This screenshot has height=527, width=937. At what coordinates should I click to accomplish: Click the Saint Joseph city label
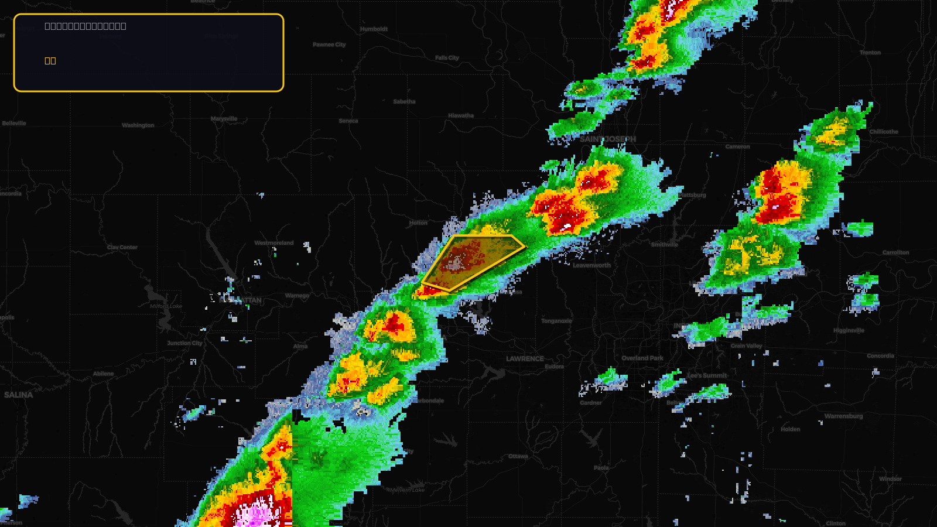pos(607,139)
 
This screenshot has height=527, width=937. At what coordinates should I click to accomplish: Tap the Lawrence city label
pos(525,359)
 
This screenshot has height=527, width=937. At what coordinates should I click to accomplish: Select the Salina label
pos(19,395)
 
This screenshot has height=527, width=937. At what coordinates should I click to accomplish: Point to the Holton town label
pos(418,223)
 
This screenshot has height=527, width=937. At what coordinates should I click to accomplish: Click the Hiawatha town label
pos(461,116)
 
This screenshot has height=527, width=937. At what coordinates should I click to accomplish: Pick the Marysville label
pos(224,119)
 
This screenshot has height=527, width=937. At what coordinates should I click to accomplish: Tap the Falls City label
pos(447,58)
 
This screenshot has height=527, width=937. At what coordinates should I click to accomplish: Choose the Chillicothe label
pos(883,132)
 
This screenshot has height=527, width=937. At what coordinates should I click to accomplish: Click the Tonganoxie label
pos(556,321)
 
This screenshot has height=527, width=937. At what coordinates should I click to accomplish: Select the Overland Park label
pos(642,358)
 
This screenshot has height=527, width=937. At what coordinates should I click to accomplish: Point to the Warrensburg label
pos(843,416)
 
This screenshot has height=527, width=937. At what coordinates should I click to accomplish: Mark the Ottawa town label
pos(518,456)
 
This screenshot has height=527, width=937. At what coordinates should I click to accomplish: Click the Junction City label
pos(184,343)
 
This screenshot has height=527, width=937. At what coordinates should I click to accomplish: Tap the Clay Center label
pos(122,247)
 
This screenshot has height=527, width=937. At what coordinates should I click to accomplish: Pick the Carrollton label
pos(895,253)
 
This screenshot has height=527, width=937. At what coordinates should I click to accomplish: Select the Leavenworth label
pos(591,265)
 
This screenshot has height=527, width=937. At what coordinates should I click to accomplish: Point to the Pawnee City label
pos(329,45)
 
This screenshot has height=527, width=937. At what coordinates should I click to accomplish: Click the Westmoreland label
pos(274,243)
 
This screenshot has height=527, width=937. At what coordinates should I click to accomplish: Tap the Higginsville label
pos(849,331)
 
